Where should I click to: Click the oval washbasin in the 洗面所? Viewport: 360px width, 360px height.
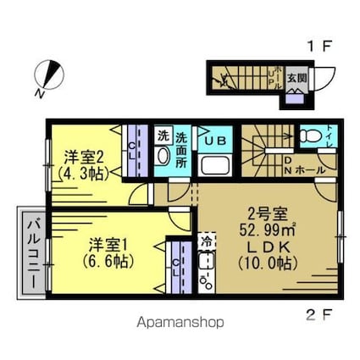tap(163, 156)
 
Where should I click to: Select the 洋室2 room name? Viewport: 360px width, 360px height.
tap(86, 156)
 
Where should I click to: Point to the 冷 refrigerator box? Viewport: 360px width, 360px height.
tap(206, 241)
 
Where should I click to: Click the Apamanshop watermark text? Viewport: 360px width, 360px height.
tap(180, 323)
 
